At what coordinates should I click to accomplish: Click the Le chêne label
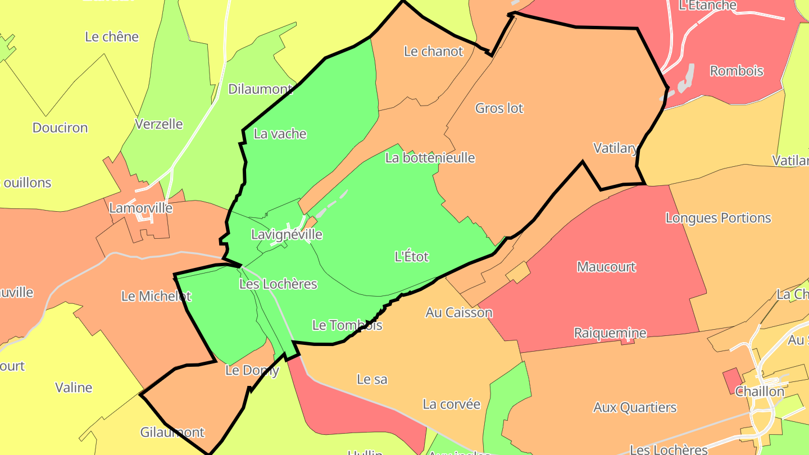112,37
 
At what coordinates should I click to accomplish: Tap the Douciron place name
60,128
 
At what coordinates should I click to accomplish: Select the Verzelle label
159,124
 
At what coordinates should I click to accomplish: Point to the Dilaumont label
260,89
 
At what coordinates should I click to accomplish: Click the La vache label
280,134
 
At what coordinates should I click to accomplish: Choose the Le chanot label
434,51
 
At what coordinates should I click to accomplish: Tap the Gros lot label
499,108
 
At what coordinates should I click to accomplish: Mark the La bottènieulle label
430,158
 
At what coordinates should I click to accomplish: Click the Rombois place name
737,71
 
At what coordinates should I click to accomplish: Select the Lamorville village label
140,208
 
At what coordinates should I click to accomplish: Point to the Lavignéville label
287,234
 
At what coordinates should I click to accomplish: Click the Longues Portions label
719,218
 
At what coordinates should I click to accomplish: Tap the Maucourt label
607,267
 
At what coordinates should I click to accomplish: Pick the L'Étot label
412,257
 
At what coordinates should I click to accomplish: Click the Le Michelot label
156,296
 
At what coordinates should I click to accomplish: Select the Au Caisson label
459,313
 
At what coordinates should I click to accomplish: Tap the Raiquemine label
610,333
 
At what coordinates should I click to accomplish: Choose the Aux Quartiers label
635,407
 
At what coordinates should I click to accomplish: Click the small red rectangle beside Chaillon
731,380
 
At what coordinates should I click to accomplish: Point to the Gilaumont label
172,433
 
